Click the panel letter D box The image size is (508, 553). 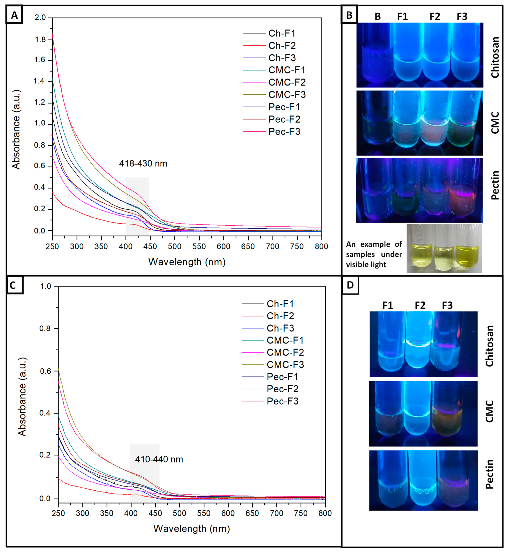click(x=350, y=285)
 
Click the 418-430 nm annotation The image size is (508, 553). click(x=143, y=164)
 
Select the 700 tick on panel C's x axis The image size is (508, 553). click(x=277, y=513)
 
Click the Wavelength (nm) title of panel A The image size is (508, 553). click(x=187, y=262)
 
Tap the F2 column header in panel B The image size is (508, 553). click(x=435, y=17)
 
